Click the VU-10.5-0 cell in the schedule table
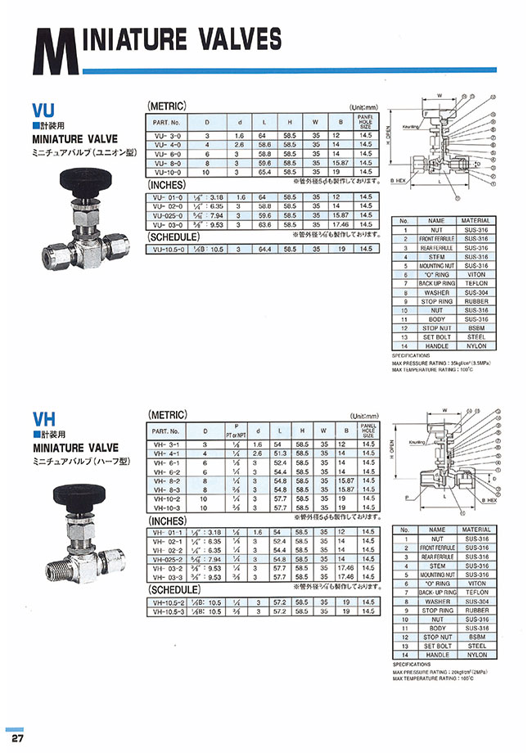point(168,248)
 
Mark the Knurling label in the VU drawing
point(411,127)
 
